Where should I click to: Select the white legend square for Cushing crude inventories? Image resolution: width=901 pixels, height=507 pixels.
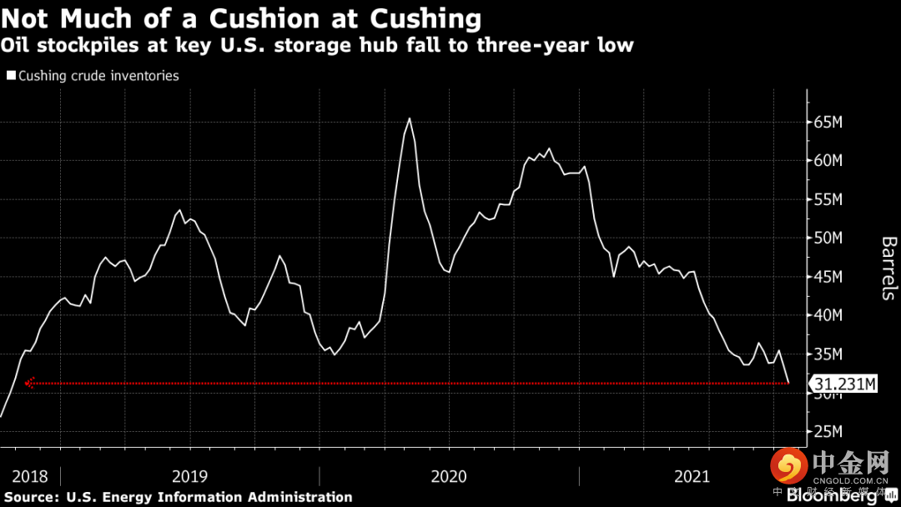(11, 76)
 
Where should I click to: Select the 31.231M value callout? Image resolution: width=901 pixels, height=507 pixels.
(845, 384)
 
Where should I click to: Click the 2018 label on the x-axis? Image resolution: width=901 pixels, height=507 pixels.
(30, 477)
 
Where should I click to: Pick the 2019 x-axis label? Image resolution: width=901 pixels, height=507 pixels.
(189, 477)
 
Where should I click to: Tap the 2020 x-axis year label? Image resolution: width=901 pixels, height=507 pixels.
(449, 477)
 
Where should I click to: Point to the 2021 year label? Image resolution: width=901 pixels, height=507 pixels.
(692, 477)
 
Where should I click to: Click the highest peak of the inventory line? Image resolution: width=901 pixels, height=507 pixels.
(409, 118)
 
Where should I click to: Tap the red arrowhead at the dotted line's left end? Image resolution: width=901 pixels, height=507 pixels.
(29, 384)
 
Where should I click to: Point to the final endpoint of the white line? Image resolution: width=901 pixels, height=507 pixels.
(789, 383)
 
